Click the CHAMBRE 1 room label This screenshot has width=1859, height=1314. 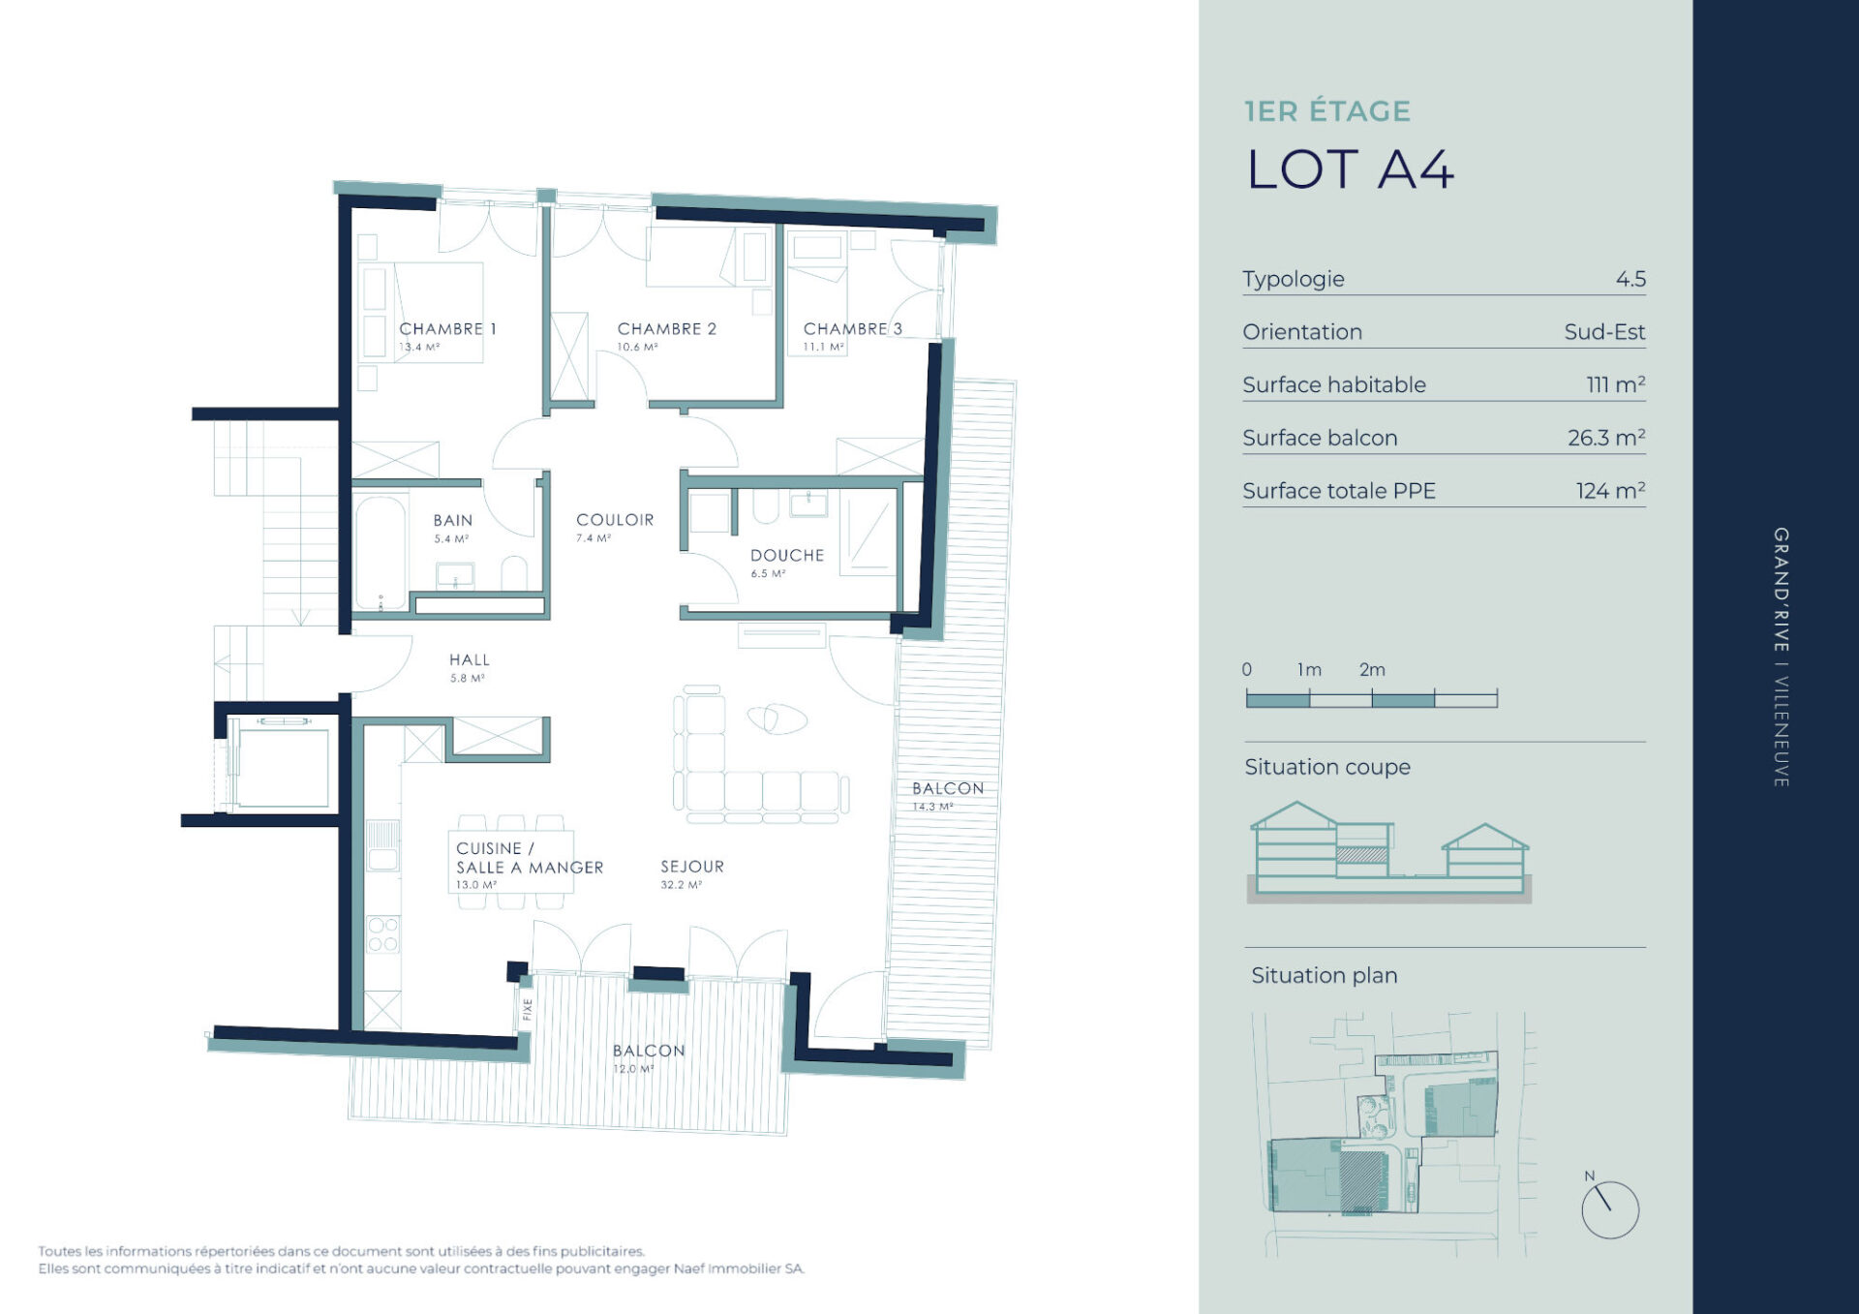[447, 329]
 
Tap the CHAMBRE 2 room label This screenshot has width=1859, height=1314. [667, 329]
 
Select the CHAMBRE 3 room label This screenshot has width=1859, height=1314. [853, 329]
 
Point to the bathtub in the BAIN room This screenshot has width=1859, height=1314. [380, 553]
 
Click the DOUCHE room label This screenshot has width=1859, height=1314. [787, 556]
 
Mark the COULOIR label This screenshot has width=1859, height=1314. [615, 520]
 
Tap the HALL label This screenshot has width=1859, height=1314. [470, 660]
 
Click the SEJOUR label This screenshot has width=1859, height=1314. [692, 867]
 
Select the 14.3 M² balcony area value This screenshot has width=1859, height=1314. [932, 807]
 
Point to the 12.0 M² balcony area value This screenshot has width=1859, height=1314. [633, 1069]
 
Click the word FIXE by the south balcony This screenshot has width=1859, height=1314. [528, 1009]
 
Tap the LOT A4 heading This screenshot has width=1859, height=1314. [1350, 169]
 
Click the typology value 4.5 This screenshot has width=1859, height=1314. [1630, 279]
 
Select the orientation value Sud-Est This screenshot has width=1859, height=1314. [1604, 332]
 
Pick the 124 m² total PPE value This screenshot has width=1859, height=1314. [1610, 490]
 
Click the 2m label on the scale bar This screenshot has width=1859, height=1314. [1372, 669]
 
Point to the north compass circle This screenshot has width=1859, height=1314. [1610, 1209]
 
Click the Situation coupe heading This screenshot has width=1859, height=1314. [1327, 767]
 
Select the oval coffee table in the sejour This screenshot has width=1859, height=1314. [777, 718]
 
